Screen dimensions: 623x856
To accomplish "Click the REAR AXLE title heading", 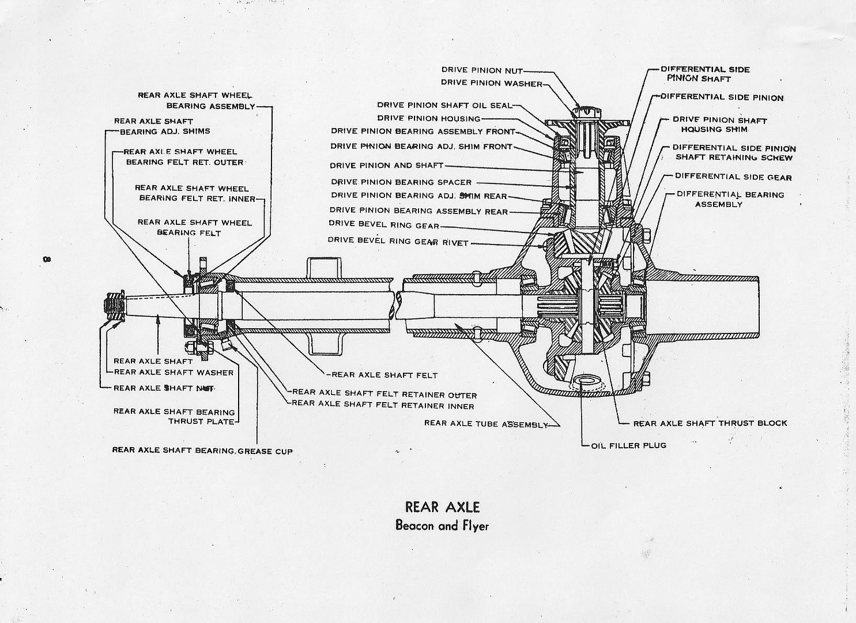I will (442, 507).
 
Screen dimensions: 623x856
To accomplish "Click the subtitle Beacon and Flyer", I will (442, 526).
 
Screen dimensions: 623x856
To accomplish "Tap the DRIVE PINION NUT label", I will (482, 70).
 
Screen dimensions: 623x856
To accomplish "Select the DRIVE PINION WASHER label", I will (492, 82).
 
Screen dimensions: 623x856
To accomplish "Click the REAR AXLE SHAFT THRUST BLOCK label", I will (710, 423).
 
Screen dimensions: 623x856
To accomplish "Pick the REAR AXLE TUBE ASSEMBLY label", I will (485, 423).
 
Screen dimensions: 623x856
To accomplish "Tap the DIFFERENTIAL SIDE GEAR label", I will (733, 177).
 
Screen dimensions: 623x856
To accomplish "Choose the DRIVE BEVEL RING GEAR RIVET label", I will (398, 241).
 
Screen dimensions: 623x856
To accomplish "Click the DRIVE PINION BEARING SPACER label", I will (401, 182).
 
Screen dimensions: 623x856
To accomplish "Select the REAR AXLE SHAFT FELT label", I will (384, 375).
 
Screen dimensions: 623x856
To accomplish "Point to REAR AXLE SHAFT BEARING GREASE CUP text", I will (202, 451).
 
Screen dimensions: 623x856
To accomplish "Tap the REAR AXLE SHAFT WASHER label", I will (174, 373).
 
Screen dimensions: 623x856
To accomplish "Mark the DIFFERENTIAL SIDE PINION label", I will (722, 97).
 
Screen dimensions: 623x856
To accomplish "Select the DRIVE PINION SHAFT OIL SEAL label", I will (444, 105).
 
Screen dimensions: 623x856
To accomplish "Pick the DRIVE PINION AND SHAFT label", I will (387, 166).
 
